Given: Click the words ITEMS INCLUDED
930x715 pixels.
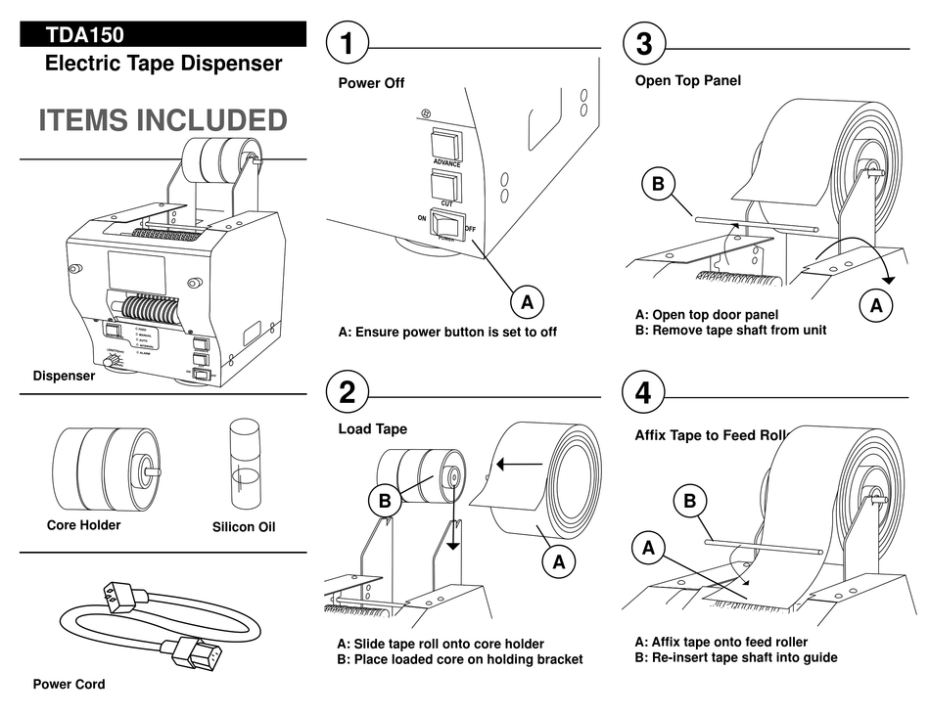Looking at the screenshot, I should pyautogui.click(x=163, y=120).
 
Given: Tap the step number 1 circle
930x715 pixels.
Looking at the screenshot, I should pyautogui.click(x=348, y=44).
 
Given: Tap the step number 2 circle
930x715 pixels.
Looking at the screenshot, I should pyautogui.click(x=348, y=392).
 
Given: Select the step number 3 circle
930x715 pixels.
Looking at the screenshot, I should pyautogui.click(x=643, y=44).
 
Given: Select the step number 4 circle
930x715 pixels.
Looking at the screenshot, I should pyautogui.click(x=643, y=392).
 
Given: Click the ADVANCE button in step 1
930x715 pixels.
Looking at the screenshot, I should pyautogui.click(x=447, y=144).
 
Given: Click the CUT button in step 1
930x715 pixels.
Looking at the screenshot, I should pyautogui.click(x=446, y=186).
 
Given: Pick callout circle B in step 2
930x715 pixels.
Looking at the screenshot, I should pyautogui.click(x=385, y=501).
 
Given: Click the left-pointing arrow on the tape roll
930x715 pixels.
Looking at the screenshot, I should pyautogui.click(x=519, y=464).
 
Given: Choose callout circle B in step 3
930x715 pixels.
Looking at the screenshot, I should pyautogui.click(x=658, y=183).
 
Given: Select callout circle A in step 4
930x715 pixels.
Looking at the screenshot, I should pyautogui.click(x=648, y=549).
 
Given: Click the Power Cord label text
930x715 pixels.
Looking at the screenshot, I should pyautogui.click(x=69, y=684).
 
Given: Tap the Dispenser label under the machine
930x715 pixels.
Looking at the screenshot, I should pyautogui.click(x=64, y=376).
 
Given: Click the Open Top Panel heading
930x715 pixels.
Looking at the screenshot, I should pyautogui.click(x=687, y=80).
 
